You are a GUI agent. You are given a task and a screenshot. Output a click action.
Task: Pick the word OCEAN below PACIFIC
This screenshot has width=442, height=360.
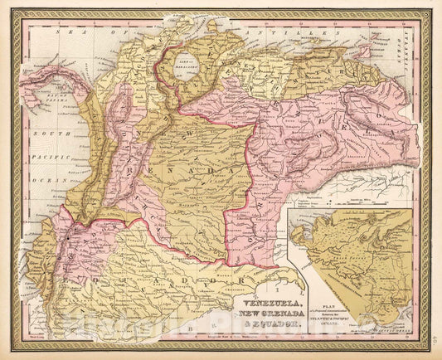pos(41,178)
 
